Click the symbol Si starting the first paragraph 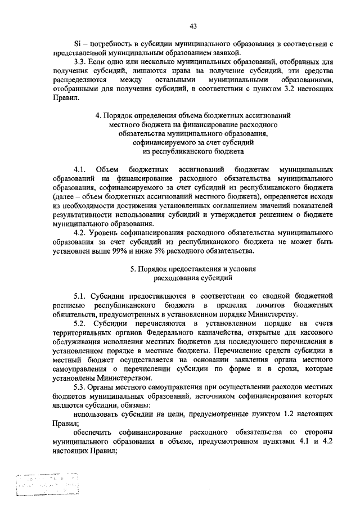[78, 44]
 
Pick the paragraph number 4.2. [80, 232]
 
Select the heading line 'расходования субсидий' [193, 277]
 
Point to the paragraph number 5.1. [80, 295]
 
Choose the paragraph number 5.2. [80, 323]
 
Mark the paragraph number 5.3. [80, 386]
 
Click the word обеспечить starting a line [92, 431]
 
